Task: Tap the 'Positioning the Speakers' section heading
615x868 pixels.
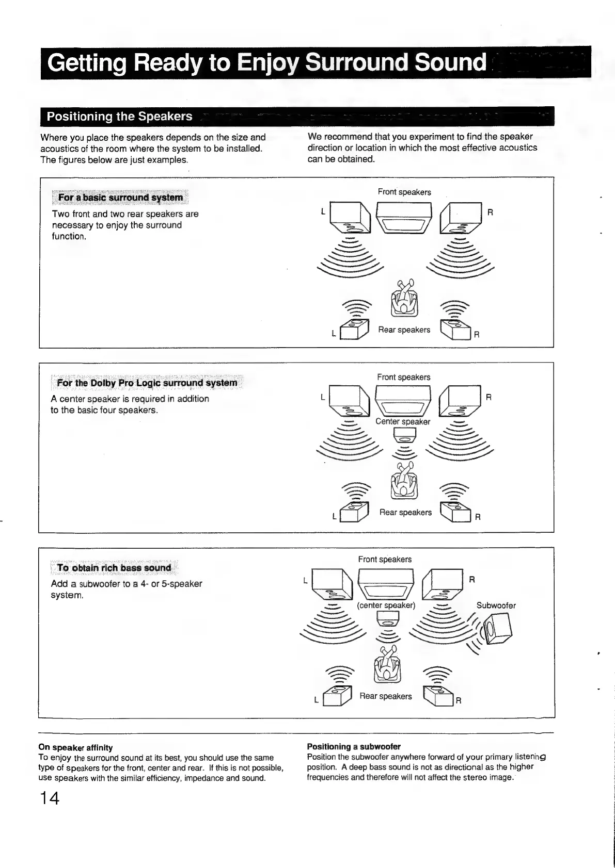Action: [x=119, y=117]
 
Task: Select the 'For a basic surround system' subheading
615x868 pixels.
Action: [x=120, y=198]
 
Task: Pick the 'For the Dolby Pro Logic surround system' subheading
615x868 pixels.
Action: [x=147, y=383]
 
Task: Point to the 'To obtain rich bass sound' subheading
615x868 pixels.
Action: [x=114, y=568]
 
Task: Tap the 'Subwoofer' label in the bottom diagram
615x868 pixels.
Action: [x=496, y=605]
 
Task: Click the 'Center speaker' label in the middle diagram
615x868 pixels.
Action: [x=403, y=421]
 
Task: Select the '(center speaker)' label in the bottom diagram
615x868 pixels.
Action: [x=386, y=605]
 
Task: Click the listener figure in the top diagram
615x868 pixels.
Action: [x=404, y=298]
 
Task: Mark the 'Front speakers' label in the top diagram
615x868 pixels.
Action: [x=404, y=192]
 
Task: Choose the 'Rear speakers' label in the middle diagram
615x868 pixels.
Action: [x=405, y=512]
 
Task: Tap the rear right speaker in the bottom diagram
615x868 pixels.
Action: [x=438, y=696]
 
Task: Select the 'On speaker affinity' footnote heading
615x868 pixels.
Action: [x=75, y=747]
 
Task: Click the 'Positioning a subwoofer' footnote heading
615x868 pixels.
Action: [x=354, y=746]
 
